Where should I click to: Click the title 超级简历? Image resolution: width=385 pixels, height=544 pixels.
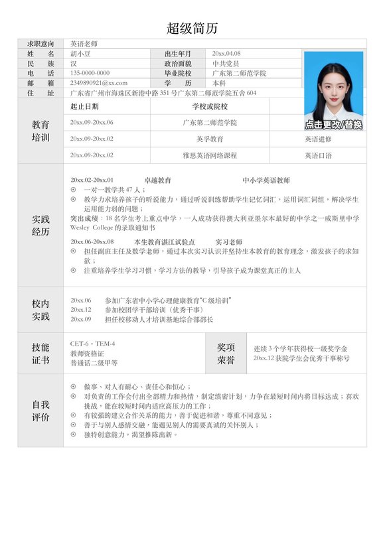[x=192, y=29]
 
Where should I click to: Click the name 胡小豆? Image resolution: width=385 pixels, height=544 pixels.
[x=82, y=53]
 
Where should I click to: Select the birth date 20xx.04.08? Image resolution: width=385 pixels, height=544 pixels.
[x=226, y=53]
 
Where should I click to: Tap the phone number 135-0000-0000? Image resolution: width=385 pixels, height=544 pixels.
[x=90, y=73]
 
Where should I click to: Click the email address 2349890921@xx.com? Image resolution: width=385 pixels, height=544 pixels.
[x=98, y=83]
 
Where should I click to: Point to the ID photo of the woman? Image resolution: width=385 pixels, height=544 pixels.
[x=333, y=86]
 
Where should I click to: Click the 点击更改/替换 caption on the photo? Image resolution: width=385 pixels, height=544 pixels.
[x=333, y=125]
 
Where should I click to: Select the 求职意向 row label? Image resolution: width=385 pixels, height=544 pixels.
[x=40, y=43]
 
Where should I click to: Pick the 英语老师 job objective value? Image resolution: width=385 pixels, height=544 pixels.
[x=83, y=43]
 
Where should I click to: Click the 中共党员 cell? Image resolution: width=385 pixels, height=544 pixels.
[x=225, y=63]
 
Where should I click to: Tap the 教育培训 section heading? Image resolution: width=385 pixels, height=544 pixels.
[x=40, y=131]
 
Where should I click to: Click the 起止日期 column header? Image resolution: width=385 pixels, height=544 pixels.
[x=84, y=106]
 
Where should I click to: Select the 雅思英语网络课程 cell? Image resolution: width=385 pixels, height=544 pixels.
[x=210, y=155]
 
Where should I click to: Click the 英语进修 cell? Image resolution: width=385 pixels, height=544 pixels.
[x=318, y=139]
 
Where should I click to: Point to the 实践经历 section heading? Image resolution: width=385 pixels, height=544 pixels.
[x=40, y=226]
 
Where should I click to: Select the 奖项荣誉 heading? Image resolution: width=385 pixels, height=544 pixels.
[x=226, y=354]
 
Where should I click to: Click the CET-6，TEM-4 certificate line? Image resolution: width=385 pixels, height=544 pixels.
[x=92, y=344]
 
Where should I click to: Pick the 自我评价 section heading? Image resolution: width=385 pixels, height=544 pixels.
[x=40, y=411]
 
